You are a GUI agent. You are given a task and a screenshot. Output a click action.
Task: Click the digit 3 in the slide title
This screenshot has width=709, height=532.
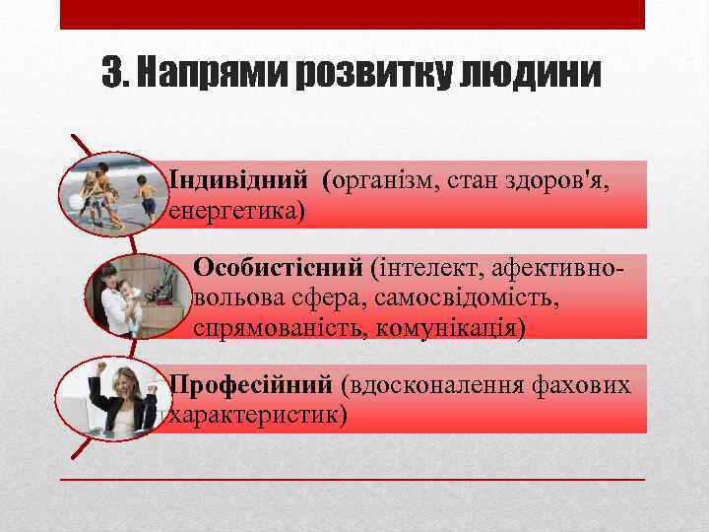pyautogui.click(x=113, y=73)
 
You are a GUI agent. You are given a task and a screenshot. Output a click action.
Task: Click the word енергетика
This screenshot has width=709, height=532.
pyautogui.click(x=236, y=211)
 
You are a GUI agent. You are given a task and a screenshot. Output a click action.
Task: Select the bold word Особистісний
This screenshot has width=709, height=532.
pyautogui.click(x=280, y=267)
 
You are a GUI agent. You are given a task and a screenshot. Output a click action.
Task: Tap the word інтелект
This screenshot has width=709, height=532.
pyautogui.click(x=431, y=267)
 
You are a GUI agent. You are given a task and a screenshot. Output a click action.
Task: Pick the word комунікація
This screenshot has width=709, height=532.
pyautogui.click(x=448, y=327)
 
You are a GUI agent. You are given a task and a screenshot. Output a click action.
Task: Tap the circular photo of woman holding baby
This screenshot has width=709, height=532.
pyautogui.click(x=137, y=295)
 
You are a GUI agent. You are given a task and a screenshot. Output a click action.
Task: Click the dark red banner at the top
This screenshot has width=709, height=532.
pyautogui.click(x=353, y=14)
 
